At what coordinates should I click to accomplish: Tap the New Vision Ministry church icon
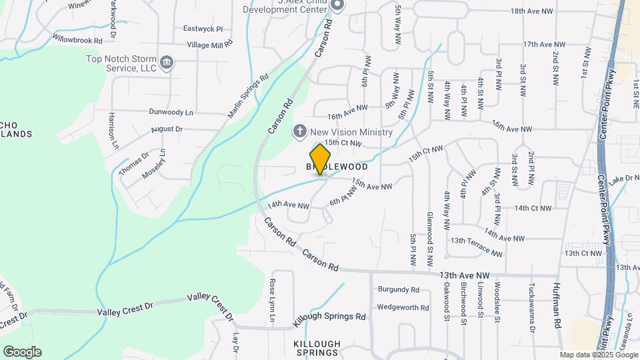pyautogui.click(x=301, y=131)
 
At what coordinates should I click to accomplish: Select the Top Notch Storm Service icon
pyautogui.click(x=167, y=63)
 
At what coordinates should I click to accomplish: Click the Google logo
pyautogui.click(x=22, y=352)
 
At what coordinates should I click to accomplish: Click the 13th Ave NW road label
pyautogui.click(x=465, y=275)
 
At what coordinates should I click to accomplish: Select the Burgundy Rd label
pyautogui.click(x=398, y=290)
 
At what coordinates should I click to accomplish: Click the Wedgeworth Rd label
pyautogui.click(x=402, y=307)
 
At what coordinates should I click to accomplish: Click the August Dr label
pyautogui.click(x=167, y=129)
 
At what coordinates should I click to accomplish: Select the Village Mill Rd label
pyautogui.click(x=210, y=44)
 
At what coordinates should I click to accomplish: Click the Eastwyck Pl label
pyautogui.click(x=203, y=29)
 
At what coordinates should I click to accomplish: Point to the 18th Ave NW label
pyautogui.click(x=532, y=11)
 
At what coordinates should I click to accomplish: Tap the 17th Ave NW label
pyautogui.click(x=544, y=44)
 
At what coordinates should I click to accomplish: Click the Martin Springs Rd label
pyautogui.click(x=247, y=95)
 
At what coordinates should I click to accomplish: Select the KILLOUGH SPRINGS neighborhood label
pyautogui.click(x=317, y=348)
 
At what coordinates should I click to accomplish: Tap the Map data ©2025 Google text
pyautogui.click(x=599, y=355)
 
